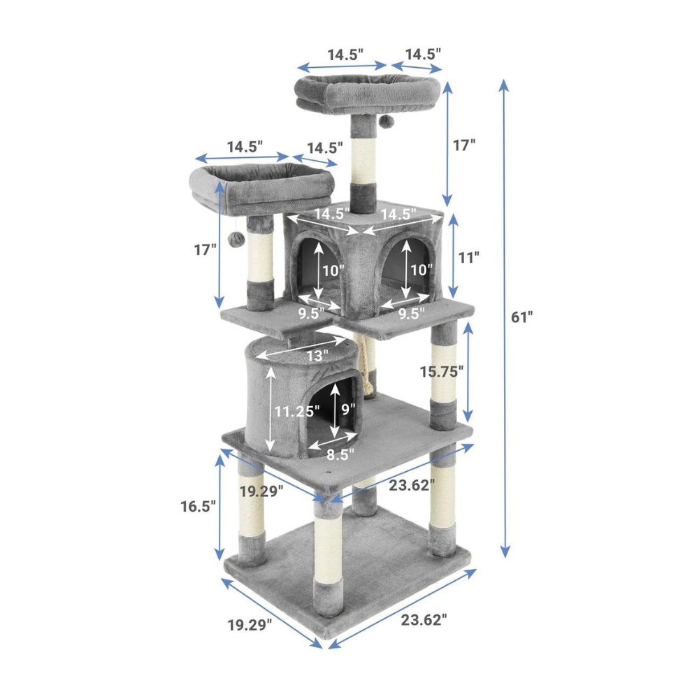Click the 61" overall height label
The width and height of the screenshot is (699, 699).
pos(522,317)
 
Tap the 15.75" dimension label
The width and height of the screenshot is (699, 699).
pos(442,371)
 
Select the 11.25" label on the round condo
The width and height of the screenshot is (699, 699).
pos(297,411)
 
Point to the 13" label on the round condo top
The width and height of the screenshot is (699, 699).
pos(317,356)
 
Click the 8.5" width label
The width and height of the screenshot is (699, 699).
pos(340,454)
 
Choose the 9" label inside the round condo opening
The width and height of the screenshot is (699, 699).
pos(349,409)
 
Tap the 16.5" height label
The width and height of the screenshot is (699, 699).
pos(198,506)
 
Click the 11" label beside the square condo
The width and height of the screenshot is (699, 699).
pos(468,257)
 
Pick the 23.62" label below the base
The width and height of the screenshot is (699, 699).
pos(424,619)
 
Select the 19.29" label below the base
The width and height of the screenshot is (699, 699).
pos(250,625)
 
